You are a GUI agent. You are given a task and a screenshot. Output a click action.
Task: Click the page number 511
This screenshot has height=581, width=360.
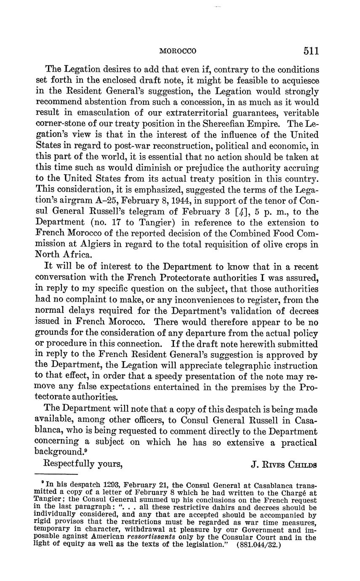pos(310,51)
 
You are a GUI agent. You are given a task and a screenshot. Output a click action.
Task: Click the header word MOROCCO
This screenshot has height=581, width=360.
pos(178,51)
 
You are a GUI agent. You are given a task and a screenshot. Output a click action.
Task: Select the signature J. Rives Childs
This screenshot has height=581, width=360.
pos(284,465)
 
